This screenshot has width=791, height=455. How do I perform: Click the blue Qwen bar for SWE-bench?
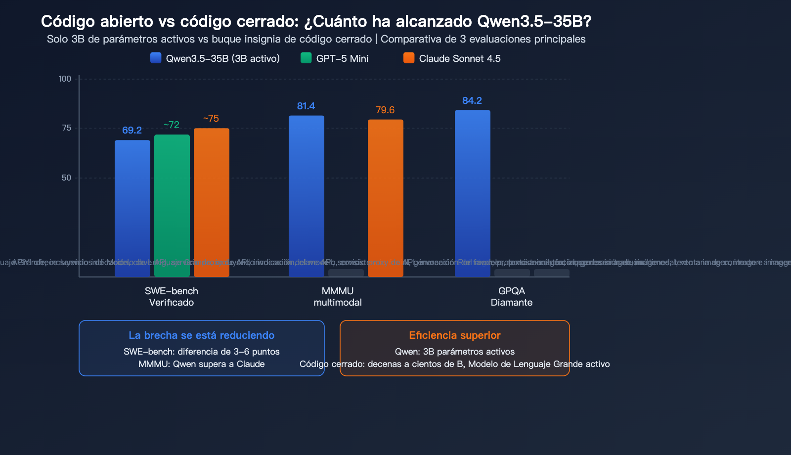click(132, 208)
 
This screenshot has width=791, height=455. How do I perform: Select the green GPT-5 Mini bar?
click(172, 205)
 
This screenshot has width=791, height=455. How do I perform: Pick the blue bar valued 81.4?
click(307, 195)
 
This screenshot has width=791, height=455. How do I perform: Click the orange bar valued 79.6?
click(386, 198)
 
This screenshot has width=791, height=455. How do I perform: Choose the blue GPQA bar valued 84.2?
click(473, 193)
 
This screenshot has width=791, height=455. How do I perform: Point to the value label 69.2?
click(132, 130)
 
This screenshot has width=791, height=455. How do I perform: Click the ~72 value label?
click(172, 125)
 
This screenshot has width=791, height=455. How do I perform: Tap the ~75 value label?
click(211, 118)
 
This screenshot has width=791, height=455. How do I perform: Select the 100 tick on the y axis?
click(65, 79)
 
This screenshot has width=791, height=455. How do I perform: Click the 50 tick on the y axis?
click(66, 178)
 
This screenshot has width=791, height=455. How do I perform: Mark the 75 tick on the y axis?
click(66, 128)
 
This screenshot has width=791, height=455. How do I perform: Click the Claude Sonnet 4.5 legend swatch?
click(409, 58)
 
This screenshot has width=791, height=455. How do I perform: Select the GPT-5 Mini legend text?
click(342, 58)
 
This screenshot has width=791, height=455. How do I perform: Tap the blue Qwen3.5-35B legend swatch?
click(156, 58)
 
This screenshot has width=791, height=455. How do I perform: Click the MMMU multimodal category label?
click(338, 297)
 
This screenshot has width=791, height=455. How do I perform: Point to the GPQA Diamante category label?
click(512, 297)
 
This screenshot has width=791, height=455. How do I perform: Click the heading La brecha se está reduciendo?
click(202, 335)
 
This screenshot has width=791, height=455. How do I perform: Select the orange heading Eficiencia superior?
click(455, 335)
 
